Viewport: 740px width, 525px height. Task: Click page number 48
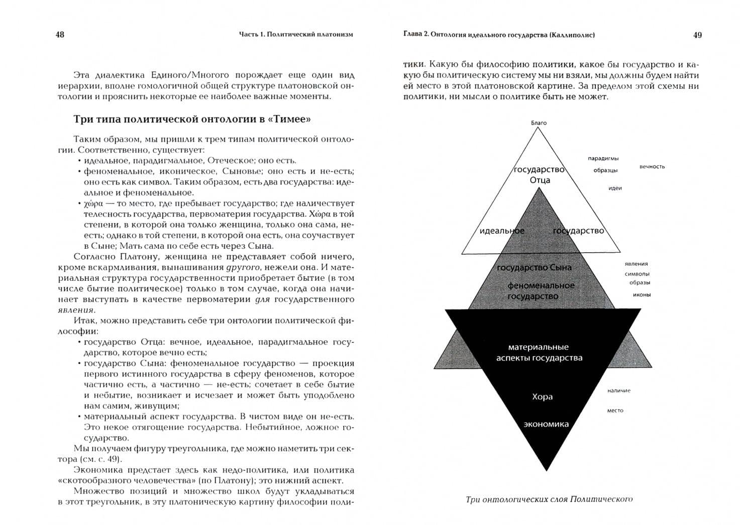60,35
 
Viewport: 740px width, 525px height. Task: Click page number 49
697,35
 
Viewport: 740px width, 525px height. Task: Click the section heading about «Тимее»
192,119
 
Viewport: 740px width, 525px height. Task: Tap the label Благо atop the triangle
539,123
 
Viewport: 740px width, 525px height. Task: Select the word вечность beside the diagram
652,166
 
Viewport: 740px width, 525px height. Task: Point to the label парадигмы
603,159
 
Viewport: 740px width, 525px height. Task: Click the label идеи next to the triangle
615,188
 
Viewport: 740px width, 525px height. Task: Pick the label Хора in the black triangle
542,397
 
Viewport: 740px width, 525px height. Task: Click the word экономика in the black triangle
546,424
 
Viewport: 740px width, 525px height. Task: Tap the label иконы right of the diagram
642,294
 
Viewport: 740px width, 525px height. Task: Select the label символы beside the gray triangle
637,274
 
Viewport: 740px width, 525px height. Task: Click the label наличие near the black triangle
618,390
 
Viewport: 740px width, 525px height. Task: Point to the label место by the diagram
615,410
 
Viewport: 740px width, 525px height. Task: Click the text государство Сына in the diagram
534,268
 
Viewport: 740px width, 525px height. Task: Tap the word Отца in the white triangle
540,180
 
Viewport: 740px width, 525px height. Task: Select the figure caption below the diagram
549,499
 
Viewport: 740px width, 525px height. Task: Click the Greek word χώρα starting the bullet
93,203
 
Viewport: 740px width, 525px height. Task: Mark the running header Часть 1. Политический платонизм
296,35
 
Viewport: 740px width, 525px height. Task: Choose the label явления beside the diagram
636,263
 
